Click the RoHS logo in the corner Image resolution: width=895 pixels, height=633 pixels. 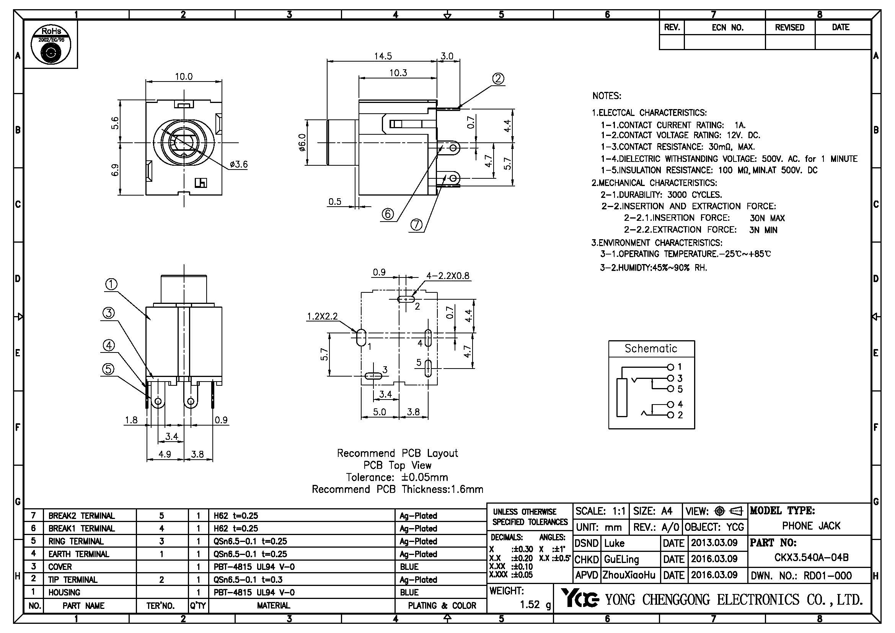point(51,45)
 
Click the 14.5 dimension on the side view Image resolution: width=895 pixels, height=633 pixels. point(383,56)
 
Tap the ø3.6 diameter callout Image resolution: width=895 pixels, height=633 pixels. point(238,165)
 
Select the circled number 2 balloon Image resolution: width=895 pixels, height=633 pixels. point(498,79)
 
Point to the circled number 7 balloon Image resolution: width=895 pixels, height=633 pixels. point(416,225)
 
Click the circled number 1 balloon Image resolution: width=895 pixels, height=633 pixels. point(111,284)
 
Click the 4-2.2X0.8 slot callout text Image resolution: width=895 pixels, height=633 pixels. point(448,276)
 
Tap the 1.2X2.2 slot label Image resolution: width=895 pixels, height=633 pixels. point(322,316)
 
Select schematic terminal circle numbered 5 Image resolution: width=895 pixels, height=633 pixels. point(670,388)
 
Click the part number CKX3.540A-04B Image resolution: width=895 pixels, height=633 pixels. point(811,557)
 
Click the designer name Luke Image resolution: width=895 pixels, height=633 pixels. point(615,543)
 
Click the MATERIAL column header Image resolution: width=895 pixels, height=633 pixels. point(273,605)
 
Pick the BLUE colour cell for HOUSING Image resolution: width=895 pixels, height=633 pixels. point(409,592)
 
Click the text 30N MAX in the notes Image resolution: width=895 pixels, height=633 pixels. point(767,218)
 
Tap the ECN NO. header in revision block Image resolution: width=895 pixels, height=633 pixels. point(727,28)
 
